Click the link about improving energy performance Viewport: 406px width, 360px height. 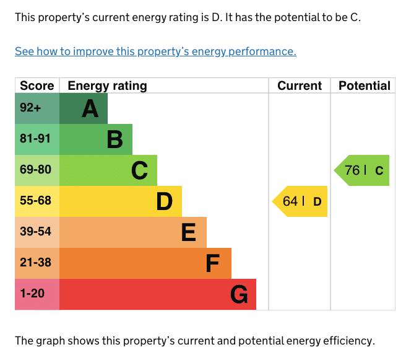click(155, 51)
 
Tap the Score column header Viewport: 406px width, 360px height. click(37, 86)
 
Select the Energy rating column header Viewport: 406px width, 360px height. click(107, 86)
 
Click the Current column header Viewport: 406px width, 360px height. click(300, 86)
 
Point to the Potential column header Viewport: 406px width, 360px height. click(365, 86)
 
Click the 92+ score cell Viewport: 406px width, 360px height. click(30, 108)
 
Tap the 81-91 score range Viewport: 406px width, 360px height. click(35, 138)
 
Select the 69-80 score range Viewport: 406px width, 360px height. click(35, 170)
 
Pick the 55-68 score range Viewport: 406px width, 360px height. click(35, 200)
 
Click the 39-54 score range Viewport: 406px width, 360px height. click(35, 232)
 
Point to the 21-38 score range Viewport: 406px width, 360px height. click(35, 262)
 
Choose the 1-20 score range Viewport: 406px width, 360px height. click(32, 294)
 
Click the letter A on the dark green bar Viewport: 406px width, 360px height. click(90, 108)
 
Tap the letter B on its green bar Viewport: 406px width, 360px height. click(115, 139)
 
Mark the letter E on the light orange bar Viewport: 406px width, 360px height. click(189, 232)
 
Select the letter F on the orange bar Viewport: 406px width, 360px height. click(213, 263)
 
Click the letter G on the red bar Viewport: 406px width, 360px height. click(239, 294)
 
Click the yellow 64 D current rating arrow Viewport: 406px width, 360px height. click(300, 201)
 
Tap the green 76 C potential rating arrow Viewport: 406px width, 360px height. click(361, 170)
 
